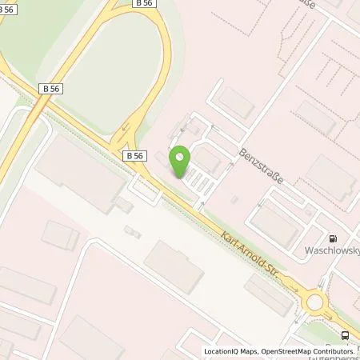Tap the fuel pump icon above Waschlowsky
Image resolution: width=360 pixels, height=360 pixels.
coord(333,238)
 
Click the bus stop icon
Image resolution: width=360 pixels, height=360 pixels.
coord(345,335)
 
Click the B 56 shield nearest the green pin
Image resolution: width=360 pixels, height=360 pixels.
coord(134,156)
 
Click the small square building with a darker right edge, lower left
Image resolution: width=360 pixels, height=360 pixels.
coord(61,235)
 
